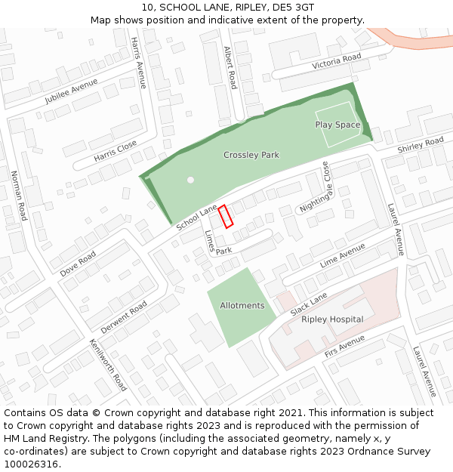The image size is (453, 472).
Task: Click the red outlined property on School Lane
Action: coord(225,217)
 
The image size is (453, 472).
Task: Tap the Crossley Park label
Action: coord(251,155)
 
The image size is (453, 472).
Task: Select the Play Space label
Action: coord(337,125)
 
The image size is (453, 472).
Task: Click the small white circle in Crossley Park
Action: coord(191,180)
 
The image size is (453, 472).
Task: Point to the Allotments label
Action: coord(242,306)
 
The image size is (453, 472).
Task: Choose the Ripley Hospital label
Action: coord(332,319)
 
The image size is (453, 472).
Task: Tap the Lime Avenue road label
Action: coord(342,255)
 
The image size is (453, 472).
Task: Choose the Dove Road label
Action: coord(78,263)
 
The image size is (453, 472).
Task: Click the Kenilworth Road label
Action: coord(108,364)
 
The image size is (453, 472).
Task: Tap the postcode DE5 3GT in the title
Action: coord(291,8)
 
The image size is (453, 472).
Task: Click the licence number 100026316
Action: coord(31,464)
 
